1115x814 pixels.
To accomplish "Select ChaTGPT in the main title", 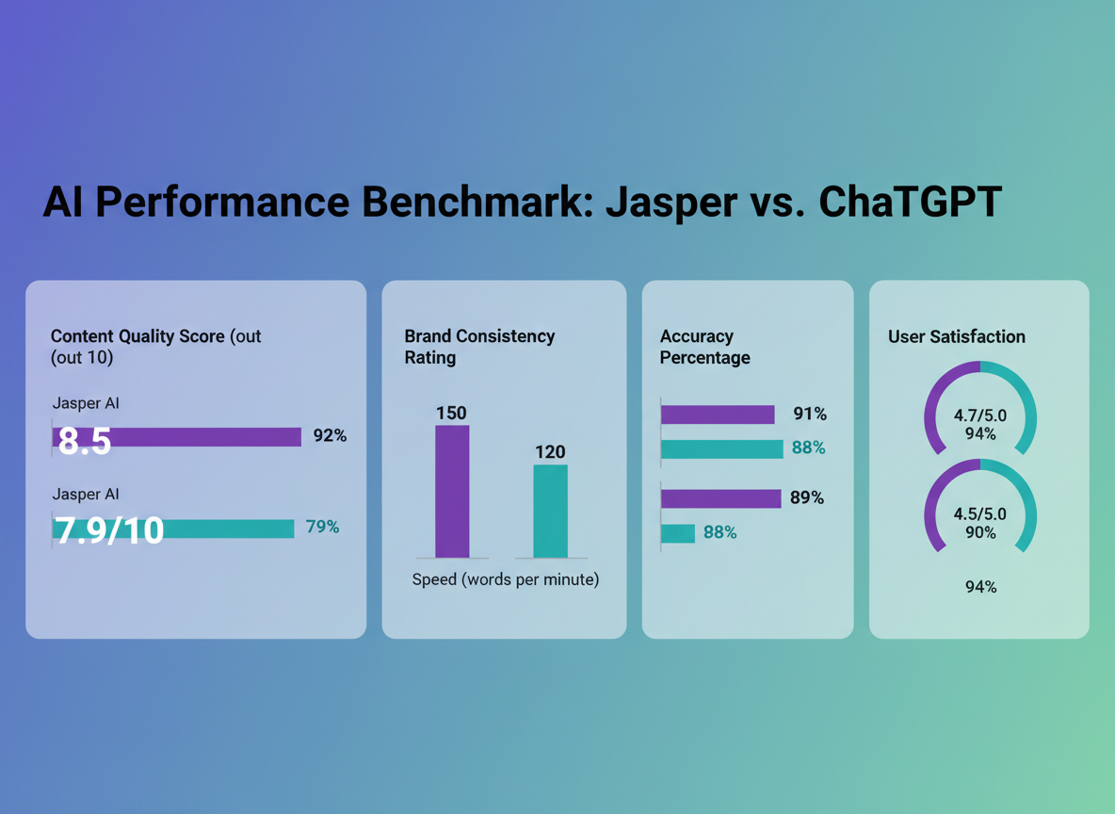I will tap(911, 203).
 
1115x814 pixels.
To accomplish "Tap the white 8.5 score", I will tap(85, 440).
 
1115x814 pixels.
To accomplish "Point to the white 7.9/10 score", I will tap(109, 530).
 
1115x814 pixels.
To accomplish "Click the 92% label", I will tap(330, 435).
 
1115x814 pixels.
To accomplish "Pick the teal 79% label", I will tap(322, 527).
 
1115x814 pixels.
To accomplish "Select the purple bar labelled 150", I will tap(452, 491).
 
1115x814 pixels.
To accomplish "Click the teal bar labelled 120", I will tap(550, 511).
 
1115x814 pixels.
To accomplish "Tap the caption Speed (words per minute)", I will tap(506, 579).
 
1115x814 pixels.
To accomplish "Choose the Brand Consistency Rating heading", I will tap(479, 347).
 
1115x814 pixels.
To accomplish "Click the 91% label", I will tap(809, 414).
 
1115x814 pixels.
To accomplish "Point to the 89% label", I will tap(807, 497).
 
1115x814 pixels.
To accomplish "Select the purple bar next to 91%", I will tap(718, 415).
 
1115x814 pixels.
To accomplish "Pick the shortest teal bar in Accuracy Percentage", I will tap(678, 533).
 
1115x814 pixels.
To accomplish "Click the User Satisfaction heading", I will tap(957, 336).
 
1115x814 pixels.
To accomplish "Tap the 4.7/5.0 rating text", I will tap(980, 415).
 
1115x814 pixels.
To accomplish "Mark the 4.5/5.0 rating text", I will tap(980, 514).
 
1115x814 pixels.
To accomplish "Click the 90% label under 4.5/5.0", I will tap(980, 532).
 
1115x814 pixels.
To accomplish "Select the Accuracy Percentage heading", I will tap(704, 347).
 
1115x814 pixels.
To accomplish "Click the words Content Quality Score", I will tap(137, 336).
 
